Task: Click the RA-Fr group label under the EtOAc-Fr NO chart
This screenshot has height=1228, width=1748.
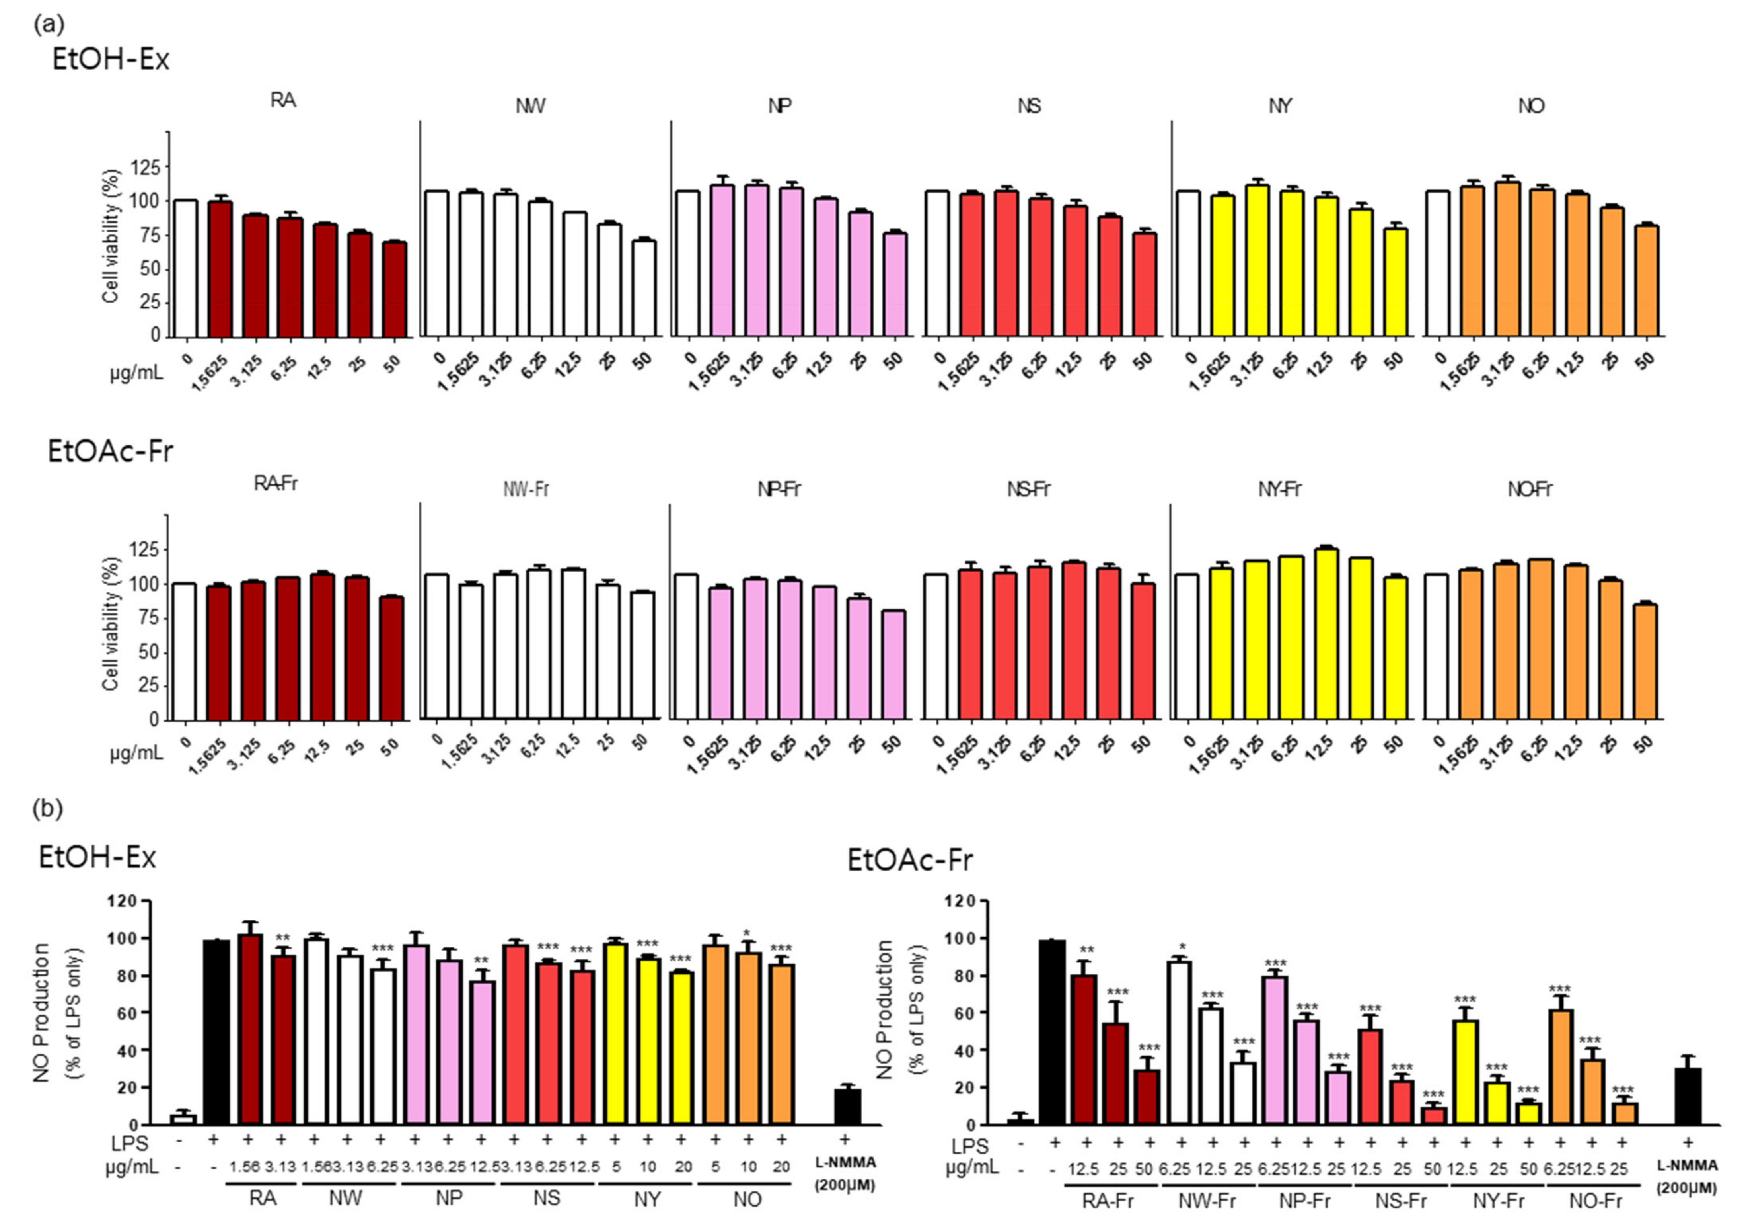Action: pyautogui.click(x=1108, y=1201)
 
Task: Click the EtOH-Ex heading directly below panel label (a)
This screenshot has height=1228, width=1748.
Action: pyautogui.click(x=110, y=59)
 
